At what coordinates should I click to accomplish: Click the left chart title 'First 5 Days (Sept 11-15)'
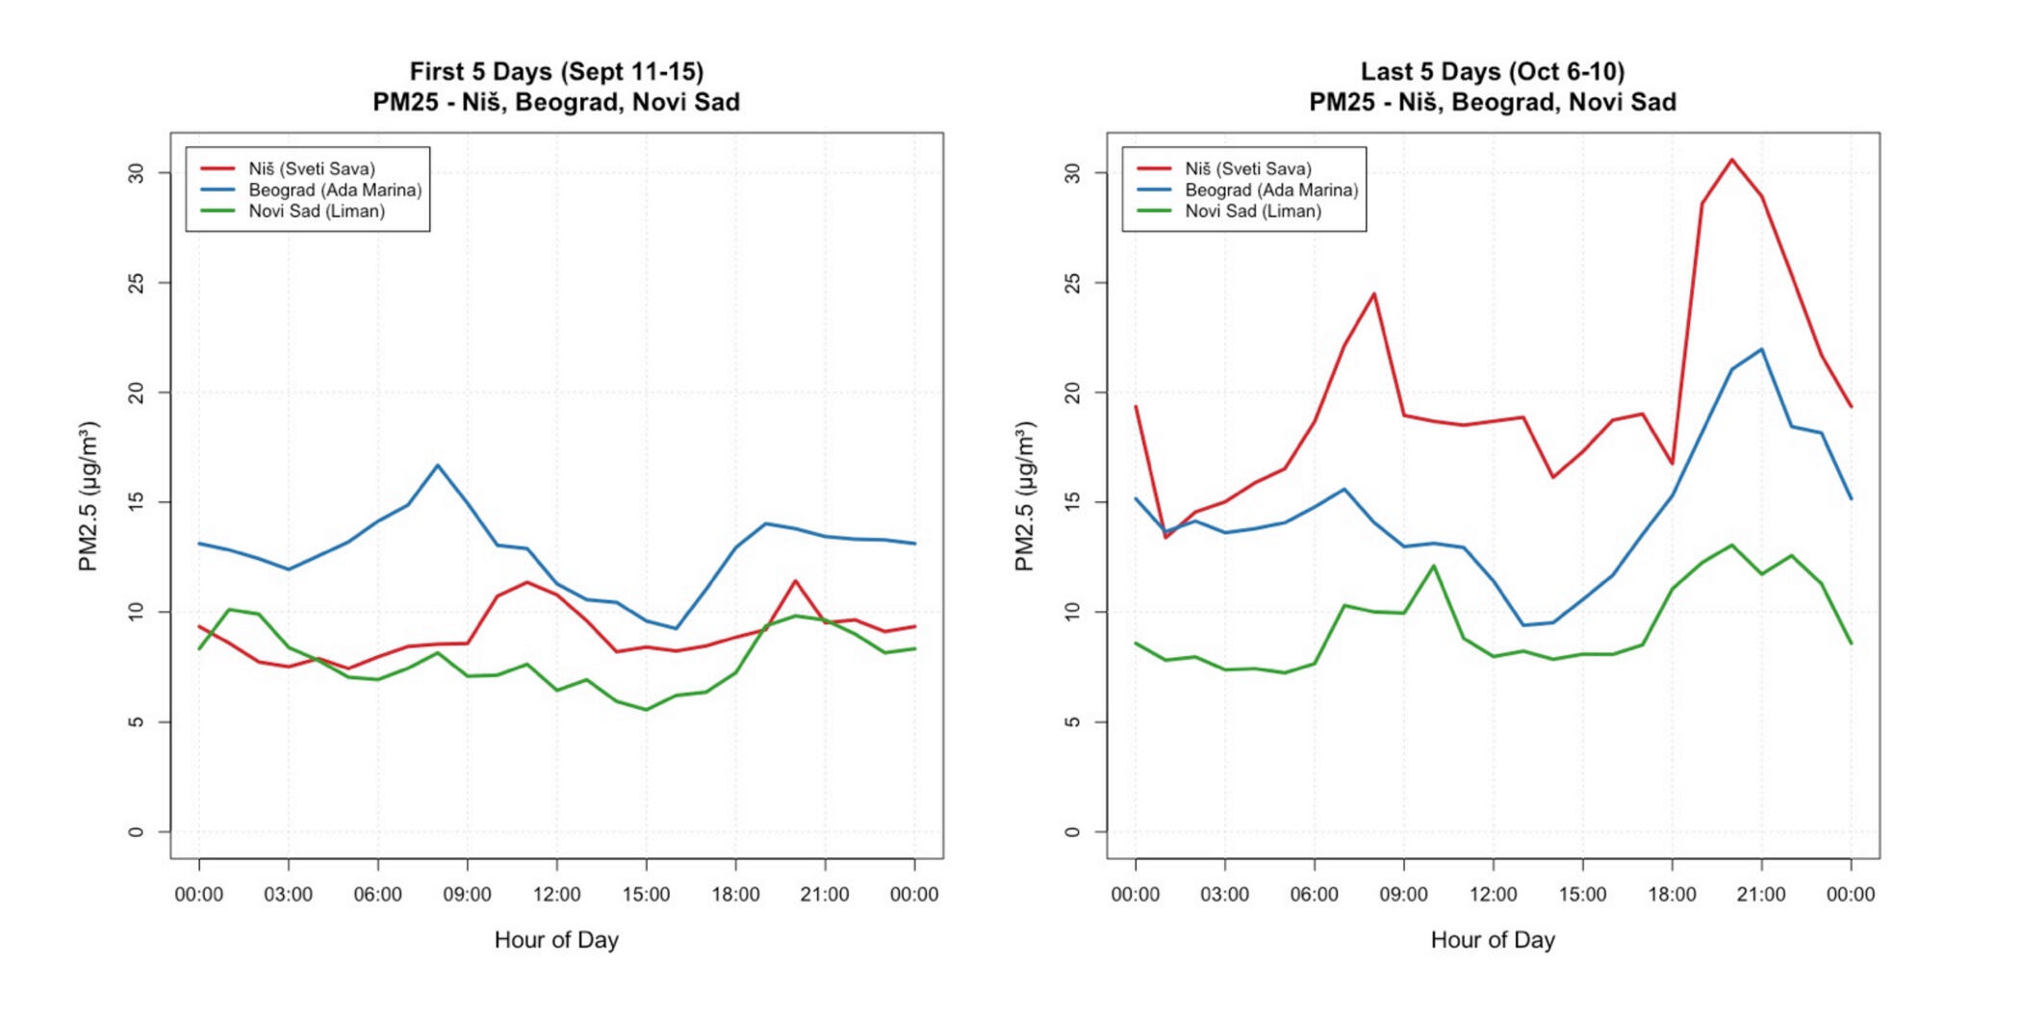(x=556, y=72)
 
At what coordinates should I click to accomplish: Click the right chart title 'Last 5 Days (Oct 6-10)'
(x=1492, y=72)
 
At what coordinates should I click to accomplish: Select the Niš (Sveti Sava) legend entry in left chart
(x=311, y=168)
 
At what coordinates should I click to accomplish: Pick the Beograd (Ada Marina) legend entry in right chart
(x=1270, y=190)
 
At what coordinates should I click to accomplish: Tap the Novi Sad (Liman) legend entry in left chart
(x=316, y=211)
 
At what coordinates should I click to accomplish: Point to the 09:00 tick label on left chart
(x=467, y=895)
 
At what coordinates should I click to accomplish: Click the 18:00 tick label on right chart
(x=1672, y=895)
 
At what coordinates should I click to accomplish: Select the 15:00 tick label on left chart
(x=646, y=895)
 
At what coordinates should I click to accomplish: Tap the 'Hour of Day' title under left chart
(x=556, y=940)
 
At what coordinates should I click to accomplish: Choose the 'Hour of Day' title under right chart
(x=1492, y=940)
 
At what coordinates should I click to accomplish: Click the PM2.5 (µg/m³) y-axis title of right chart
(x=1025, y=495)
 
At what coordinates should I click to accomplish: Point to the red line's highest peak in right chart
(x=1731, y=160)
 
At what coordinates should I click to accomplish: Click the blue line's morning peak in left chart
(x=438, y=466)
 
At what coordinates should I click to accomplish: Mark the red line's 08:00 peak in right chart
(x=1374, y=294)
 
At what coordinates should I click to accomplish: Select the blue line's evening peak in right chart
(x=1761, y=349)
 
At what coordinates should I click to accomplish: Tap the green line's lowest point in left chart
(x=646, y=710)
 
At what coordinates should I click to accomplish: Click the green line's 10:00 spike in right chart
(x=1434, y=566)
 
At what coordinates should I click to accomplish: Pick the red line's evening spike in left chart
(x=795, y=581)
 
